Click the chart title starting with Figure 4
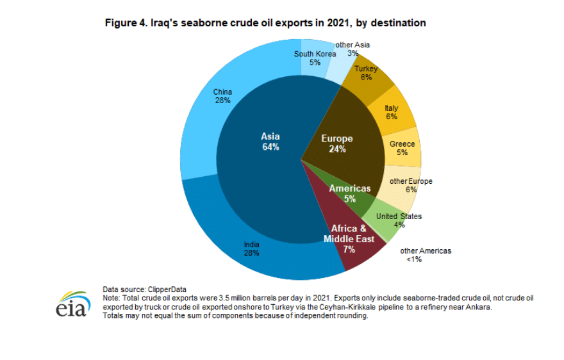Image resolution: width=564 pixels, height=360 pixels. pos(265,23)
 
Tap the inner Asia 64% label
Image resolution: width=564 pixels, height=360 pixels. pos(270,142)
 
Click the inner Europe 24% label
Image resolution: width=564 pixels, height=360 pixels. pos(337,143)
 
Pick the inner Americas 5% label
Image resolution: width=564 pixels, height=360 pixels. pos(350,193)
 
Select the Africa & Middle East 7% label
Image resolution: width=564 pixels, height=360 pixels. pos(349,239)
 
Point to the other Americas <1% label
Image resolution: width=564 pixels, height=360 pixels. pos(426,254)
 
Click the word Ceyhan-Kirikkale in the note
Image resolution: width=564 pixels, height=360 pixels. pos(371,307)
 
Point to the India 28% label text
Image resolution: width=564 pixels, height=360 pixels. pos(251,248)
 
